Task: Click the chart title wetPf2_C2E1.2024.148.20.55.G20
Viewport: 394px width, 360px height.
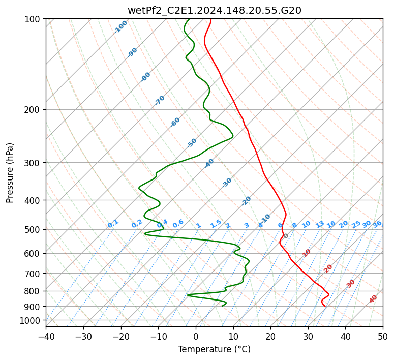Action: [214, 10]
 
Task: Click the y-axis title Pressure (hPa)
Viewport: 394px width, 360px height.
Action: [10, 173]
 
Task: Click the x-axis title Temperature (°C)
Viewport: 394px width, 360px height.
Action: [214, 349]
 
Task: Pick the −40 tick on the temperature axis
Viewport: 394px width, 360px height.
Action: [46, 336]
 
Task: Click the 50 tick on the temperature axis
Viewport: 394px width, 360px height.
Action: [383, 336]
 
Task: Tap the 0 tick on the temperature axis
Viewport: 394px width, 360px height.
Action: [196, 336]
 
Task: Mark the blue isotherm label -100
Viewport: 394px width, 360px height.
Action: [121, 26]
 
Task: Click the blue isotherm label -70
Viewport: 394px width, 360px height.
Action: [160, 100]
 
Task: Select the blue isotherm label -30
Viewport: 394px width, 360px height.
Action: [227, 183]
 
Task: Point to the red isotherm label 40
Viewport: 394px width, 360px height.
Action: [373, 299]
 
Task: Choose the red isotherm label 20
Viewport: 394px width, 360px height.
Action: [328, 268]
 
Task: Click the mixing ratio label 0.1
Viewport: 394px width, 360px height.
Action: [113, 223]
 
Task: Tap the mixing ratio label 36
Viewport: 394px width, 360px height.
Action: [377, 224]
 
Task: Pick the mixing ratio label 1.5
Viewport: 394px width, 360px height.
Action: [216, 223]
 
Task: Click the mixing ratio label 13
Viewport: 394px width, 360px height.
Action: [320, 224]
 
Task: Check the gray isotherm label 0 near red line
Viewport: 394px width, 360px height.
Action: [286, 236]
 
